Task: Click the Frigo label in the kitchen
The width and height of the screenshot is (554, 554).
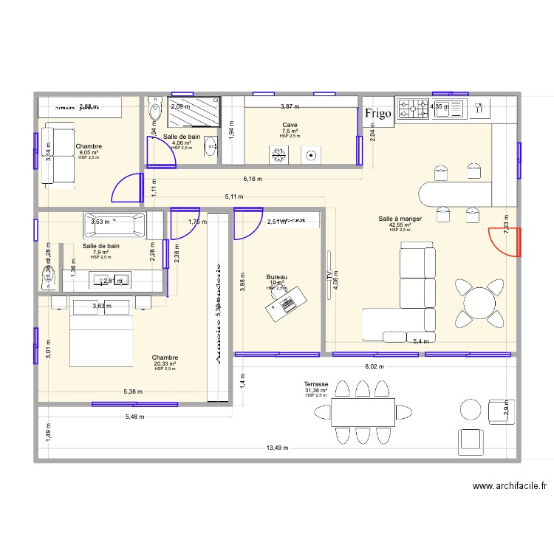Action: click(377, 113)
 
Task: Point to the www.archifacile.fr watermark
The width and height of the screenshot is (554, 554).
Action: click(510, 486)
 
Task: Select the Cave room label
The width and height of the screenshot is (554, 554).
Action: click(290, 126)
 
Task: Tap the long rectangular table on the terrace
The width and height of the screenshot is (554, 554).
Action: click(362, 412)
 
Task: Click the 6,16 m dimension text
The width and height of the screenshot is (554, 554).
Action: click(253, 179)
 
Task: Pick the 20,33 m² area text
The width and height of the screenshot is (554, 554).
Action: click(165, 363)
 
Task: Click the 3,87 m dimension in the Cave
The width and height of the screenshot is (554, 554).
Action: click(290, 107)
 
